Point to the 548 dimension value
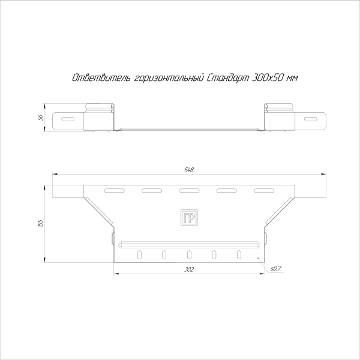[x=189, y=170]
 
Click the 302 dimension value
[x=189, y=270]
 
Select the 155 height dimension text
[x=40, y=223]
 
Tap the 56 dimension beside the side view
[x=40, y=118]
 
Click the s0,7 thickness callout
[x=276, y=268]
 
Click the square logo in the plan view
[x=189, y=218]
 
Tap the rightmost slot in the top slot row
[x=263, y=191]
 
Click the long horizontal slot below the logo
[x=189, y=244]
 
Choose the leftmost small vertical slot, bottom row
[x=139, y=255]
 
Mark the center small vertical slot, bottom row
[x=189, y=255]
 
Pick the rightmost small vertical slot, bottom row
[x=239, y=255]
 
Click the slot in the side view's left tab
[x=68, y=118]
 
